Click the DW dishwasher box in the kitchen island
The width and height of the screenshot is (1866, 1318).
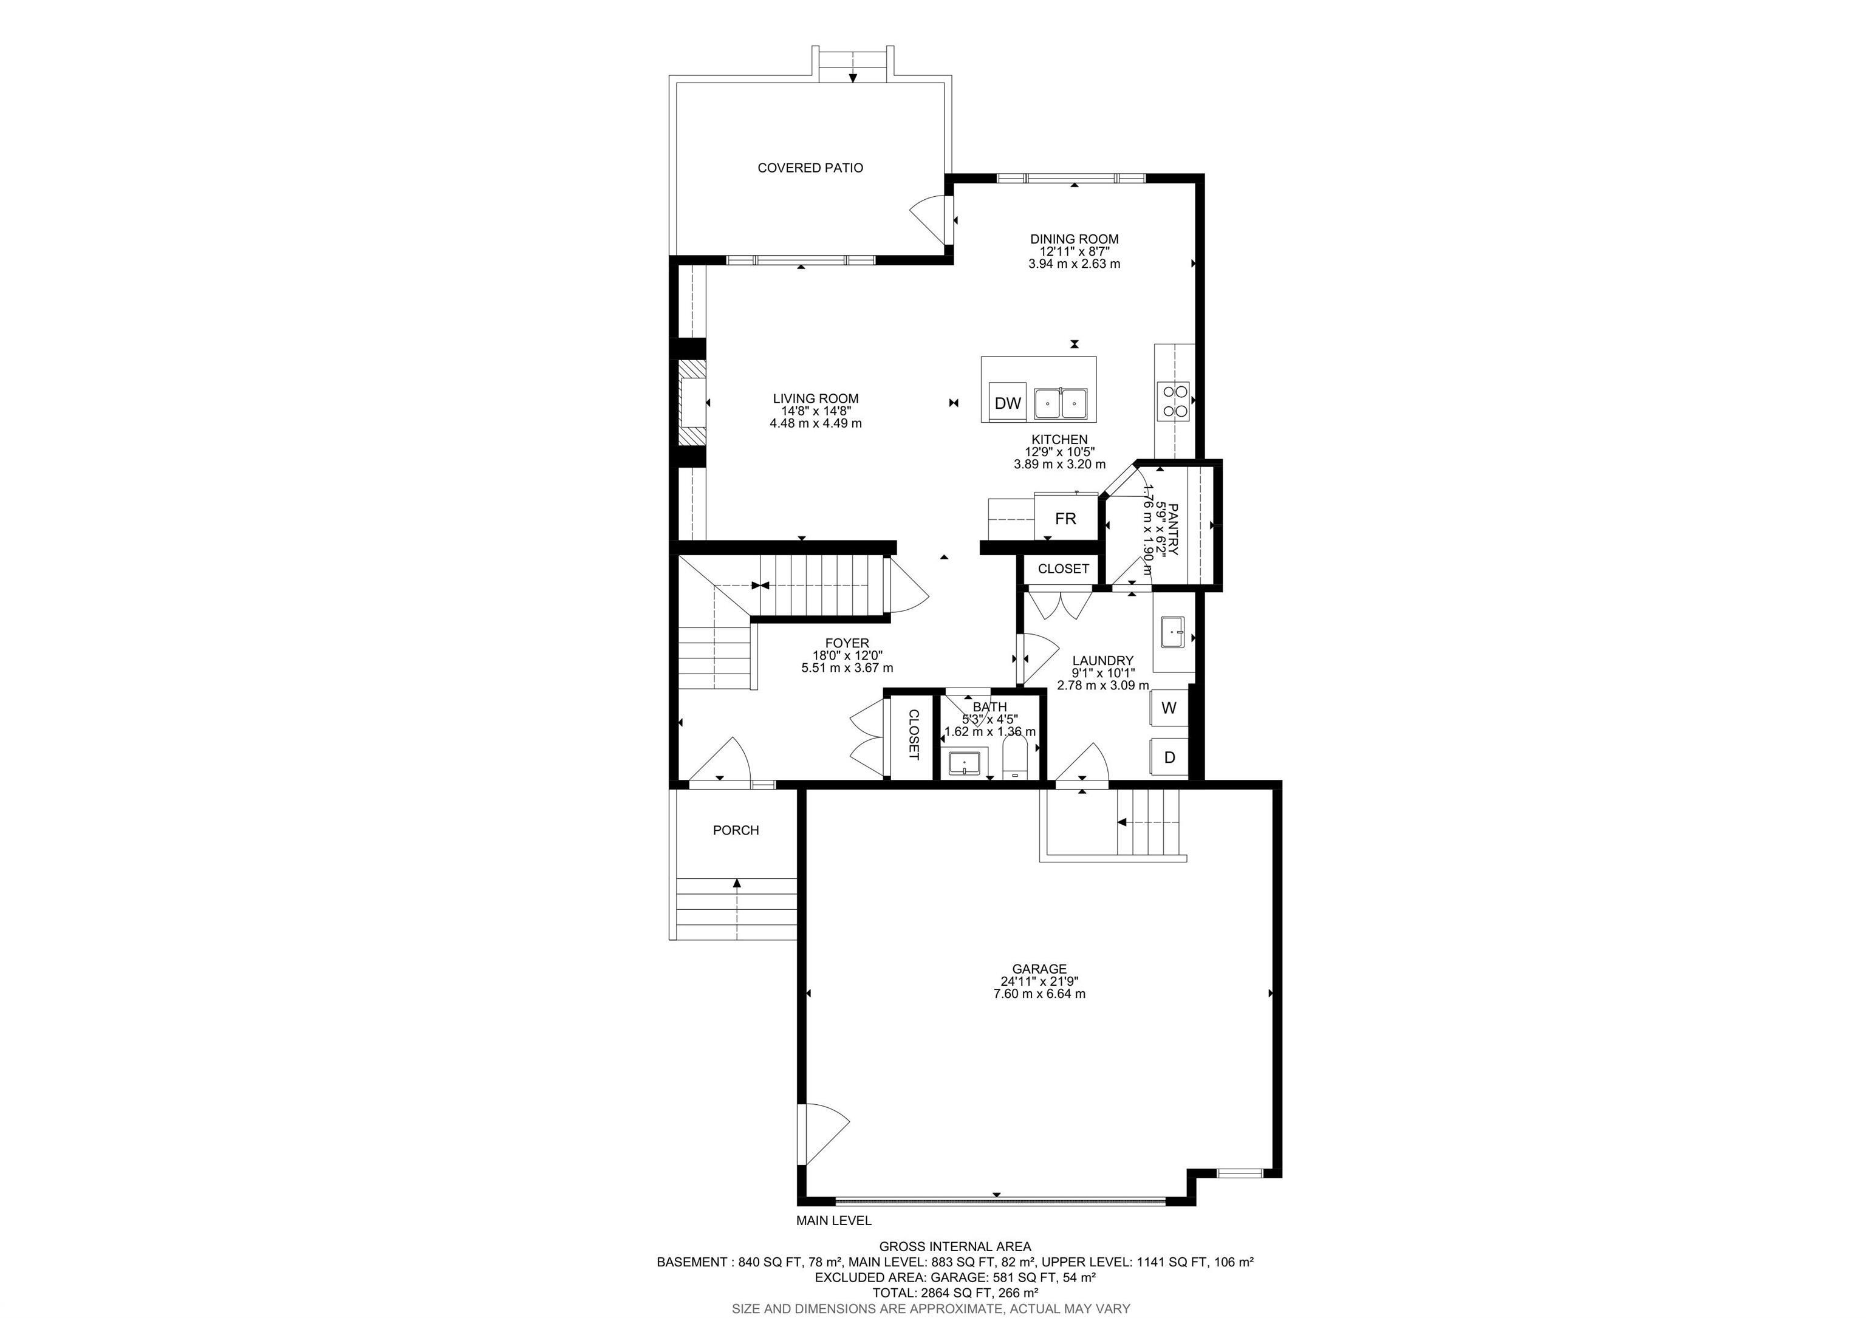click(x=1007, y=403)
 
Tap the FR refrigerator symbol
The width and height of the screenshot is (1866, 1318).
click(x=1065, y=519)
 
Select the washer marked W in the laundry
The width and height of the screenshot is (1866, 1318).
click(x=1169, y=708)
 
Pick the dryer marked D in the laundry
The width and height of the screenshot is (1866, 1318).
click(x=1169, y=757)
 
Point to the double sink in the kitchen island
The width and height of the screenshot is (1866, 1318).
click(x=1061, y=403)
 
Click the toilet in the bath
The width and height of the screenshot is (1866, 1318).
click(x=1015, y=757)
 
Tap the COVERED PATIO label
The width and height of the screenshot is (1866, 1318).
click(x=810, y=168)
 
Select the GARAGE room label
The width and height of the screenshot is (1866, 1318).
click(x=1039, y=969)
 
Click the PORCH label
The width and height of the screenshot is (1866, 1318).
click(x=736, y=830)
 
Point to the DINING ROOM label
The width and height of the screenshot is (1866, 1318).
click(x=1073, y=239)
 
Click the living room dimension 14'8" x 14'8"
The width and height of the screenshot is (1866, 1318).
click(x=815, y=411)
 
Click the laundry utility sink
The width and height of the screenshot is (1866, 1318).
click(x=1172, y=632)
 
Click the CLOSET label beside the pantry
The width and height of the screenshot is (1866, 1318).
click(x=1062, y=569)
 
